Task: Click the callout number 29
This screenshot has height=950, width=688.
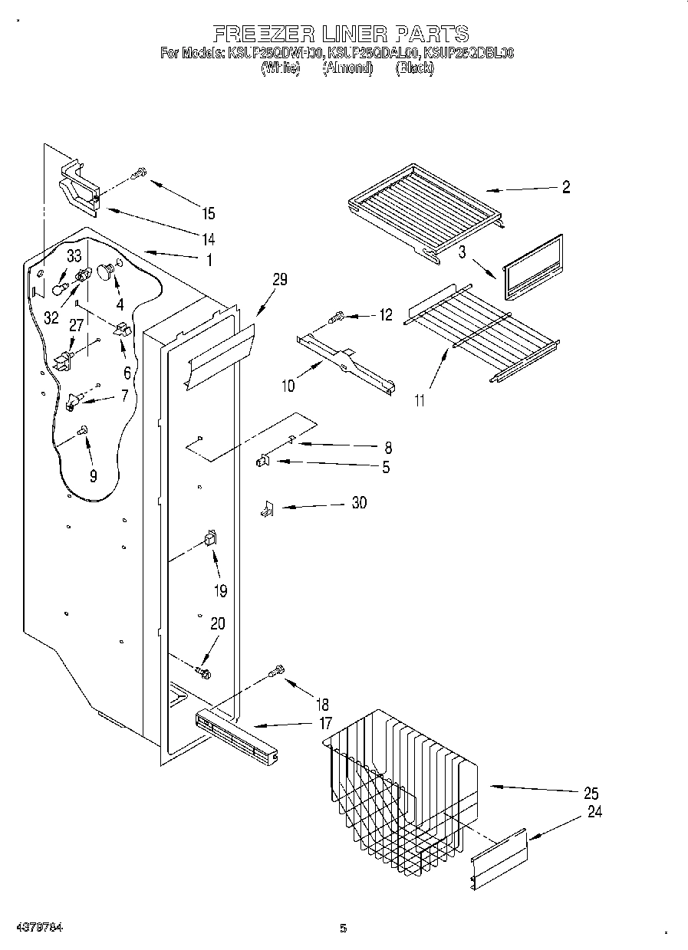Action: point(279,280)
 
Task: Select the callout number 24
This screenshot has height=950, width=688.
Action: point(594,813)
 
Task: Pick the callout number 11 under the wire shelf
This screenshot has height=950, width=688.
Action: point(420,399)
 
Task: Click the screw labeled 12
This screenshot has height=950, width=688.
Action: point(336,315)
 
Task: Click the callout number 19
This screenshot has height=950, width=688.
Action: point(219,590)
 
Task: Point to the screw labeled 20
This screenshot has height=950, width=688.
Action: point(203,672)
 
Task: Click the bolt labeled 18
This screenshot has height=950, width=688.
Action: point(277,672)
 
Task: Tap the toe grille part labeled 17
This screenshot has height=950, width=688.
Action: point(234,736)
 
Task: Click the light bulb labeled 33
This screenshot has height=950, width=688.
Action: point(58,287)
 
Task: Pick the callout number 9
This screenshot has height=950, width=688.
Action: point(93,476)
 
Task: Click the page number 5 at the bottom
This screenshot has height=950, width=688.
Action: point(343,929)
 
